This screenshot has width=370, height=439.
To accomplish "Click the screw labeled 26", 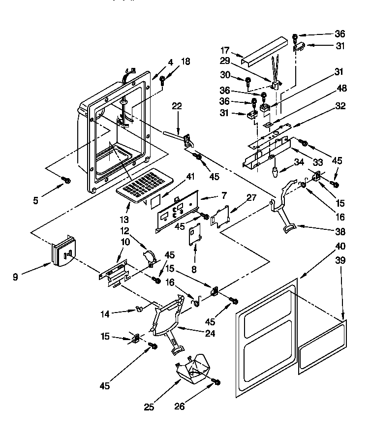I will click(216, 382).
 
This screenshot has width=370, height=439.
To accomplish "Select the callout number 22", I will click(177, 106).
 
